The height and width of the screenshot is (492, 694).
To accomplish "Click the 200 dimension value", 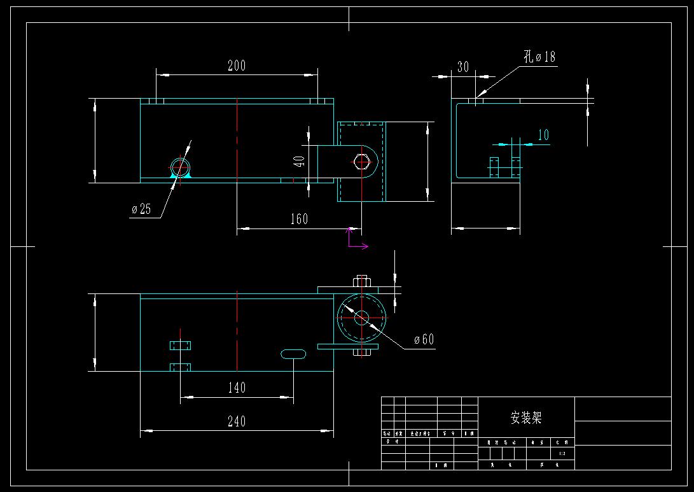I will click(237, 65).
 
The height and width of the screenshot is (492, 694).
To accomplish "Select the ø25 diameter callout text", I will click(141, 209).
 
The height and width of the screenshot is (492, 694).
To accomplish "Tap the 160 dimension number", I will click(299, 219).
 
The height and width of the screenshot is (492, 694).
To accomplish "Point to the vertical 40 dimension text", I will click(299, 159).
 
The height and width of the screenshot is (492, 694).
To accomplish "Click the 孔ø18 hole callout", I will click(539, 57).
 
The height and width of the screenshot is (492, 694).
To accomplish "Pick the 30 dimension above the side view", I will click(463, 67).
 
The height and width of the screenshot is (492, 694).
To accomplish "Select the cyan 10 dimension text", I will click(543, 135).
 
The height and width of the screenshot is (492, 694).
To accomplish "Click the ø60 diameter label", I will click(424, 339).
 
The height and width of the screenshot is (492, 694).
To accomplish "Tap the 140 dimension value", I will click(237, 387).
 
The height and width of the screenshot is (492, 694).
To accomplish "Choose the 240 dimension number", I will click(236, 421).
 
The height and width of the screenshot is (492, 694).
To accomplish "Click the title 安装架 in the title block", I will click(526, 418).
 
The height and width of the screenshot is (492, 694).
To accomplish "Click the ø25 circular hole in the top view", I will click(181, 167).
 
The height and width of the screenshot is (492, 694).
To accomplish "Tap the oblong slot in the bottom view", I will click(293, 353).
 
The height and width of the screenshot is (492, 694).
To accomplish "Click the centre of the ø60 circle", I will click(361, 318).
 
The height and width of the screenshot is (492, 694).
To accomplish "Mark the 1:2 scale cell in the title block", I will click(562, 454).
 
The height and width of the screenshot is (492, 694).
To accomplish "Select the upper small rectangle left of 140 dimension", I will click(181, 346).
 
